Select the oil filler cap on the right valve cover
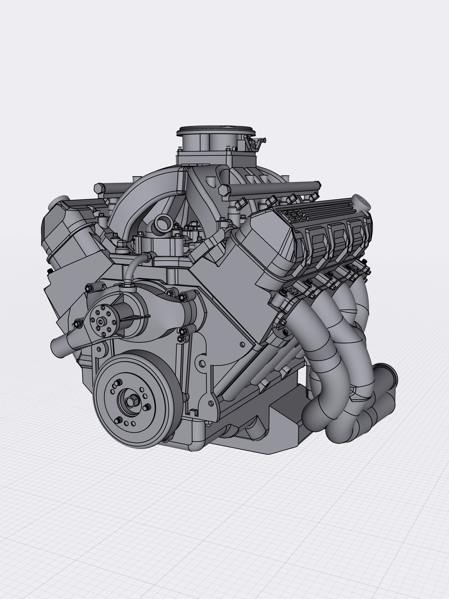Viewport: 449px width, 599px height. [362, 202]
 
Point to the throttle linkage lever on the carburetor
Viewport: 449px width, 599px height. [252, 142]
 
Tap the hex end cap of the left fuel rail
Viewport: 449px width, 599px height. [99, 188]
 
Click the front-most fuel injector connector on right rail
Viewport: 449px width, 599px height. [242, 202]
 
